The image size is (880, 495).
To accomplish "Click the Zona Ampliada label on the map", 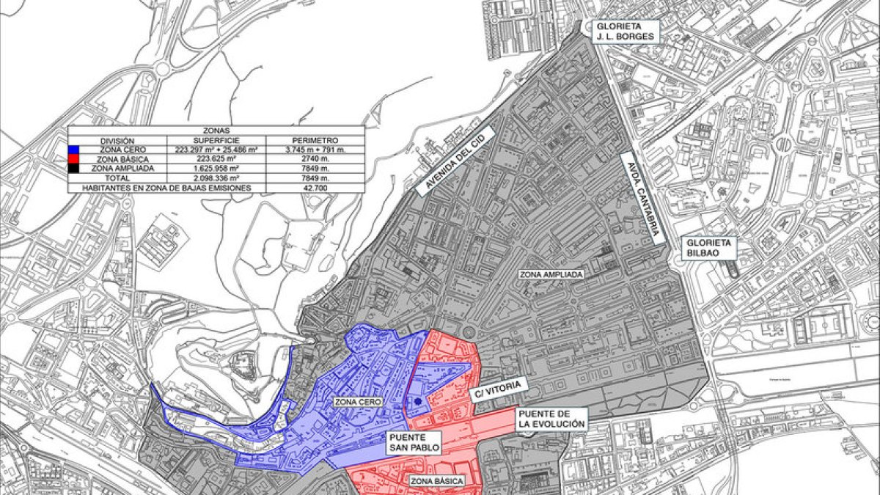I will [x=551, y=275].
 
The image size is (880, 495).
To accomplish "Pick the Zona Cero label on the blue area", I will [x=356, y=402].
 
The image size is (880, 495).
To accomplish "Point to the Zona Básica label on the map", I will [x=437, y=481].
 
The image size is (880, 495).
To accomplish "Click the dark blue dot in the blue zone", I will [x=417, y=401].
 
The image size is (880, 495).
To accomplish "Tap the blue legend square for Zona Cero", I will [x=73, y=150].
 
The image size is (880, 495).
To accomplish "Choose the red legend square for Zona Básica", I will [x=73, y=158].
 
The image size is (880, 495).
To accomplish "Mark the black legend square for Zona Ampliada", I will [x=73, y=168].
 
